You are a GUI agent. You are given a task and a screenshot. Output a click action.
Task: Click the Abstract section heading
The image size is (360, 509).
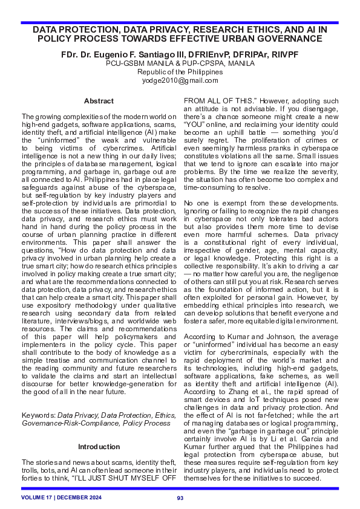[x=99, y=101]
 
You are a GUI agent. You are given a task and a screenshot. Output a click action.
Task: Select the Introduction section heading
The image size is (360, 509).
[x=99, y=447]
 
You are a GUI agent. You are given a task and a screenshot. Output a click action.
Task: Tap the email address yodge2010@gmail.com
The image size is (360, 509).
[x=180, y=80]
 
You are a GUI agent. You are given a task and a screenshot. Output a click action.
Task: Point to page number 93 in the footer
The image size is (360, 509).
[x=180, y=498]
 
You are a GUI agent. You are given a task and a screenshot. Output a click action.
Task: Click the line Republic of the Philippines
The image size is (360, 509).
[x=180, y=71]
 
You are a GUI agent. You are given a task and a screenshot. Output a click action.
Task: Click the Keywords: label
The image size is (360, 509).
[x=38, y=415]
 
